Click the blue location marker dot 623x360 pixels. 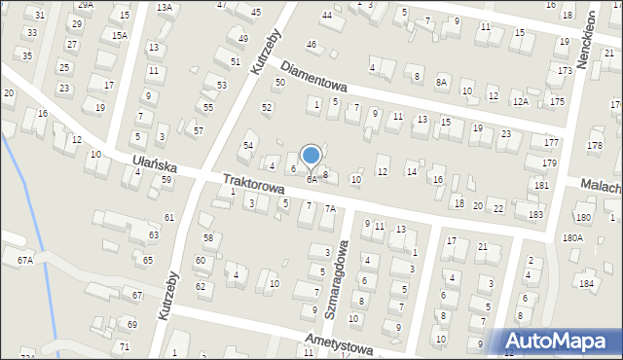(x=311, y=155)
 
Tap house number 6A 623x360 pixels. (x=311, y=180)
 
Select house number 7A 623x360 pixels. (x=330, y=208)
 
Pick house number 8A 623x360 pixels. (x=442, y=83)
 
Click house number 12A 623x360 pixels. (x=521, y=101)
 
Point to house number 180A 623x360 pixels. (x=572, y=237)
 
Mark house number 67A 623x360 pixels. (x=24, y=260)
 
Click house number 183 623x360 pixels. (x=535, y=214)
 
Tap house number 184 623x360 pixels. (x=586, y=283)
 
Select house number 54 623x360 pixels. (x=248, y=145)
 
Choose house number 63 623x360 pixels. (x=154, y=234)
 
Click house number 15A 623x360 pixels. (x=119, y=35)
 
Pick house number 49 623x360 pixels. (x=242, y=38)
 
